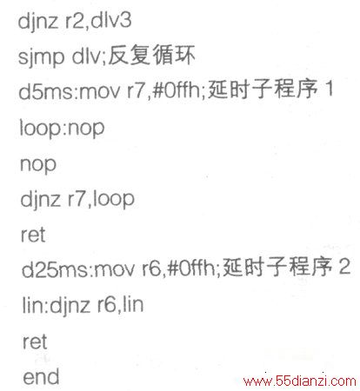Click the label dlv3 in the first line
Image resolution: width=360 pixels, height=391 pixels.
tap(111, 20)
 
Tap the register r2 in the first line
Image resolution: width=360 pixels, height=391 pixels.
tap(75, 21)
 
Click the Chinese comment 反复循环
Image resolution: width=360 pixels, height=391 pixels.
tap(151, 55)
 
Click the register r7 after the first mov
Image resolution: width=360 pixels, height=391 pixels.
tap(136, 91)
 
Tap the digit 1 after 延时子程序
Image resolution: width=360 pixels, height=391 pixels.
tap(329, 89)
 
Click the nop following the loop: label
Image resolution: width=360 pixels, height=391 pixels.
tap(86, 129)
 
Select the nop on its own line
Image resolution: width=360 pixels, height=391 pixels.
tap(38, 165)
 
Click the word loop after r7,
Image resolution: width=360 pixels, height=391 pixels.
tap(114, 199)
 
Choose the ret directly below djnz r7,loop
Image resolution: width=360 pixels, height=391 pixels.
tap(33, 235)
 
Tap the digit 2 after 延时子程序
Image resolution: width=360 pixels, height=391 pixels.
tap(344, 267)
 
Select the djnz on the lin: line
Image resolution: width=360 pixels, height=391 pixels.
tap(70, 306)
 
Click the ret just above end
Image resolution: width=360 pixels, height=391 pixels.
tap(35, 341)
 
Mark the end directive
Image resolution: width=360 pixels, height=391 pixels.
tap(41, 376)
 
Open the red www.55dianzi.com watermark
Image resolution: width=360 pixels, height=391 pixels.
tap(300, 381)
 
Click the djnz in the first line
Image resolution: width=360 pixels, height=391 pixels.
tap(37, 22)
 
